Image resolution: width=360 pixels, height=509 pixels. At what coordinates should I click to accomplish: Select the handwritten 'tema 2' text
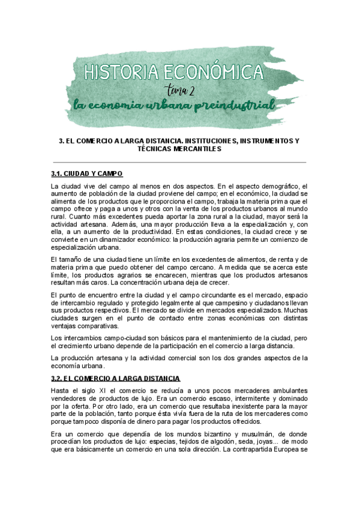(x=181, y=90)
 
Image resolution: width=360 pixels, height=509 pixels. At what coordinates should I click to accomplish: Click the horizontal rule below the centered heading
(x=180, y=162)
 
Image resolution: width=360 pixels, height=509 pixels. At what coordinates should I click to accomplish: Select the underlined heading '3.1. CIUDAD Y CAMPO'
(x=87, y=174)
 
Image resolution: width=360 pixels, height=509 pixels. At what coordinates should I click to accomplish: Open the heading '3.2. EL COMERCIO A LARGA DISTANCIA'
(x=116, y=378)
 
